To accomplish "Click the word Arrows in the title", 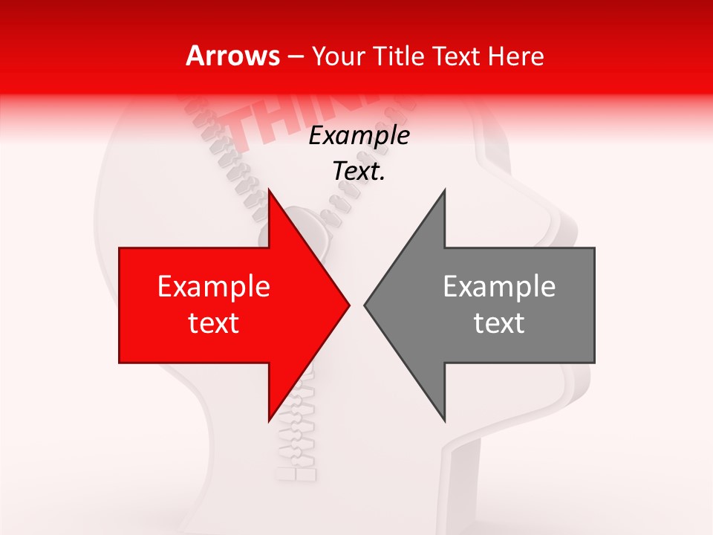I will (x=232, y=56).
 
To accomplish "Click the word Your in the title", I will (x=339, y=56).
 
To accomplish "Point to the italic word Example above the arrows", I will (x=359, y=137).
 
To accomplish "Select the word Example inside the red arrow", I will (x=214, y=287).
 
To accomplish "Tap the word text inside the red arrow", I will (x=214, y=323).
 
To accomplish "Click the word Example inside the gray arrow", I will (x=499, y=287).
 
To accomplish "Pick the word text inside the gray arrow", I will (x=499, y=323).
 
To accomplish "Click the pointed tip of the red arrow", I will (x=348, y=305).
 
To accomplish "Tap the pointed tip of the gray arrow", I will (x=365, y=305).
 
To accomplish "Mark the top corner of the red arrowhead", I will (x=269, y=191).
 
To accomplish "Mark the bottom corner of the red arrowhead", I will (x=269, y=420).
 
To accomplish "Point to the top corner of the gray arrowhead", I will (x=444, y=191).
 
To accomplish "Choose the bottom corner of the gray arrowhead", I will (x=444, y=420).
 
